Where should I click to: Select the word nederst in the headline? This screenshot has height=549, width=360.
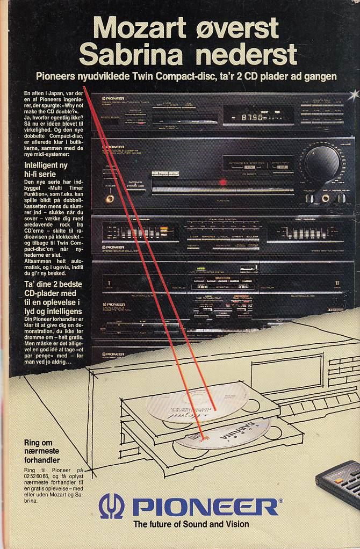pos(250,54)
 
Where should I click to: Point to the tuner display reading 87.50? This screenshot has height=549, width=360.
pos(253,117)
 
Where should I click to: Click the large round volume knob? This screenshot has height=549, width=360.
pos(321,161)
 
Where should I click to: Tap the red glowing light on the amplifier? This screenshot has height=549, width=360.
pos(222,182)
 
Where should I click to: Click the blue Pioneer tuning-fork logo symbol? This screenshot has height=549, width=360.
pos(111,506)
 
